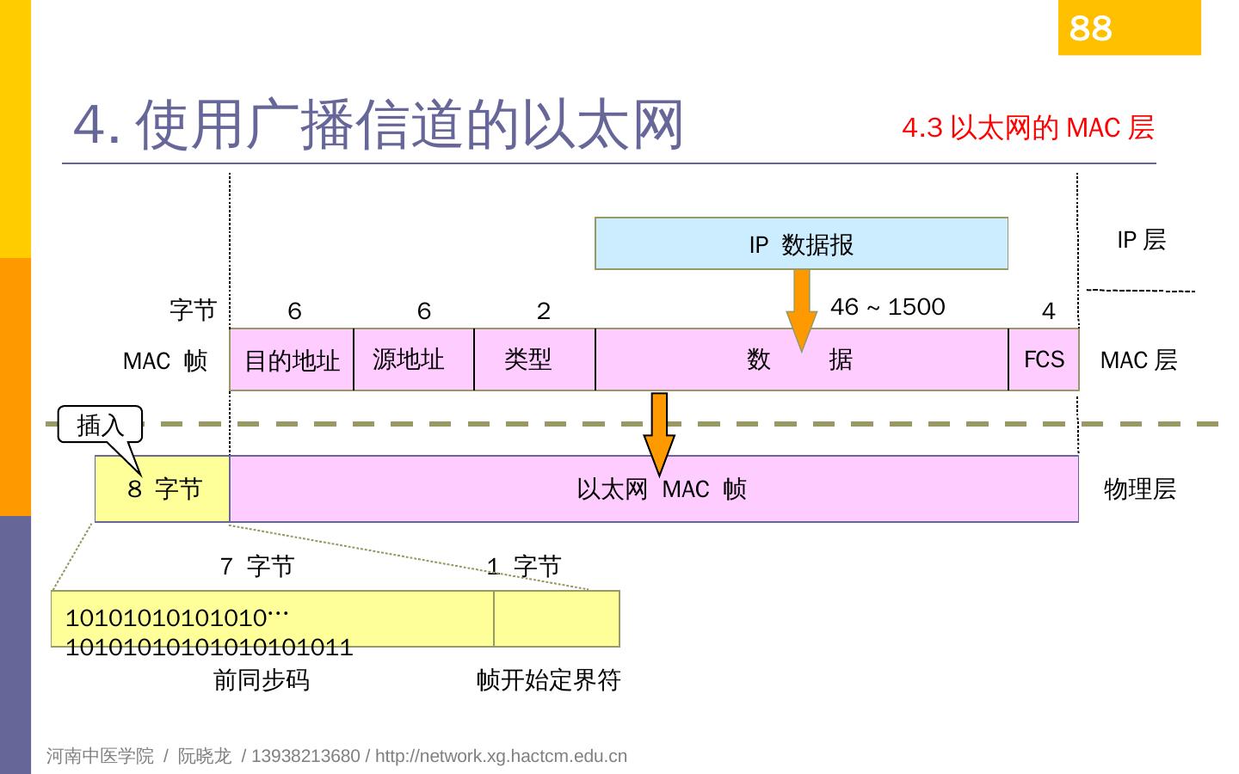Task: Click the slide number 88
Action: (x=1090, y=28)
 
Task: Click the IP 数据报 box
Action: (x=801, y=244)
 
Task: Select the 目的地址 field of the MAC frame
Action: (x=292, y=360)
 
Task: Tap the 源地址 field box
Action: (x=413, y=359)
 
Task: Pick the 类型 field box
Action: (x=533, y=359)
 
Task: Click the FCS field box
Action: (x=1044, y=359)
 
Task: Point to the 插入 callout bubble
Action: (x=100, y=425)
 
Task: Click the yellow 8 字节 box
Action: (x=163, y=489)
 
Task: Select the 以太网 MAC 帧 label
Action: (x=661, y=489)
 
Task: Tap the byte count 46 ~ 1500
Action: (x=887, y=307)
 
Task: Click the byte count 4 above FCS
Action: (x=1048, y=311)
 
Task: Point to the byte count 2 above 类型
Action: (x=543, y=311)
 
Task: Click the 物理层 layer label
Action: (x=1139, y=489)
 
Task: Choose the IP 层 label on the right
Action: (x=1141, y=240)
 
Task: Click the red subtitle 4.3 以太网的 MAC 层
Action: (x=1027, y=128)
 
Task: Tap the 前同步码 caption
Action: (x=261, y=680)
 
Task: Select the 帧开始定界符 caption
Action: (x=548, y=680)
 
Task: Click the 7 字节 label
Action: (x=257, y=566)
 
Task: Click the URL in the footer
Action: (x=501, y=756)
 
